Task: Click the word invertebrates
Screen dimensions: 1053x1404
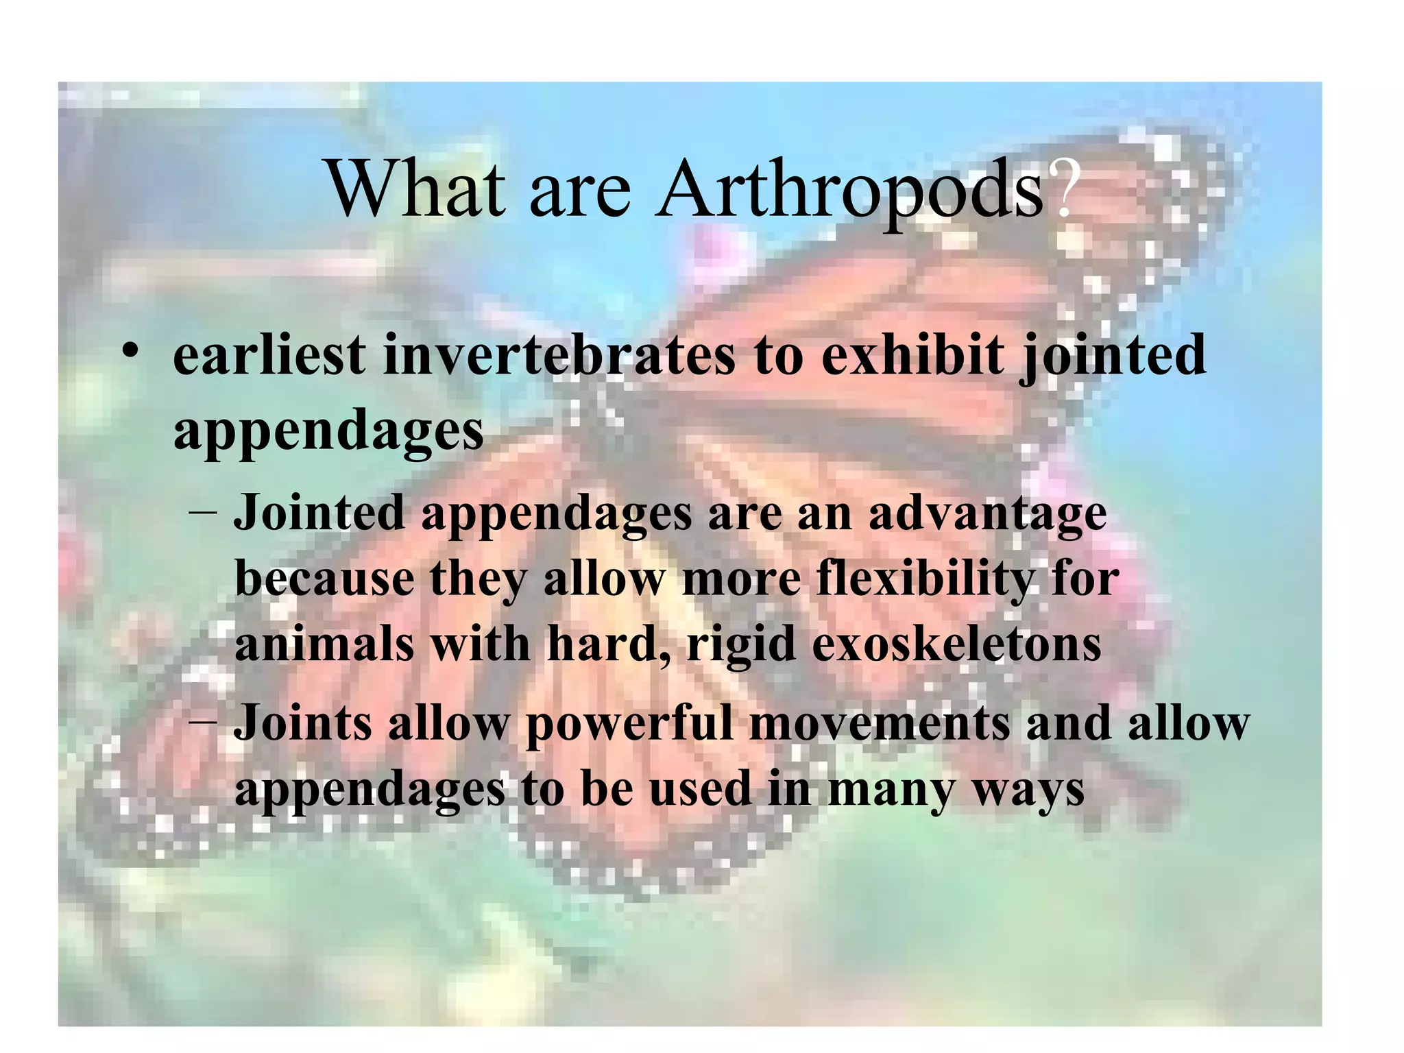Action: click(558, 356)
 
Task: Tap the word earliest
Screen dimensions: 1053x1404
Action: click(269, 356)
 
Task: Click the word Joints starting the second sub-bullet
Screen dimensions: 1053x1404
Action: click(302, 724)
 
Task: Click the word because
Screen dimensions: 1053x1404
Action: click(324, 579)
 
